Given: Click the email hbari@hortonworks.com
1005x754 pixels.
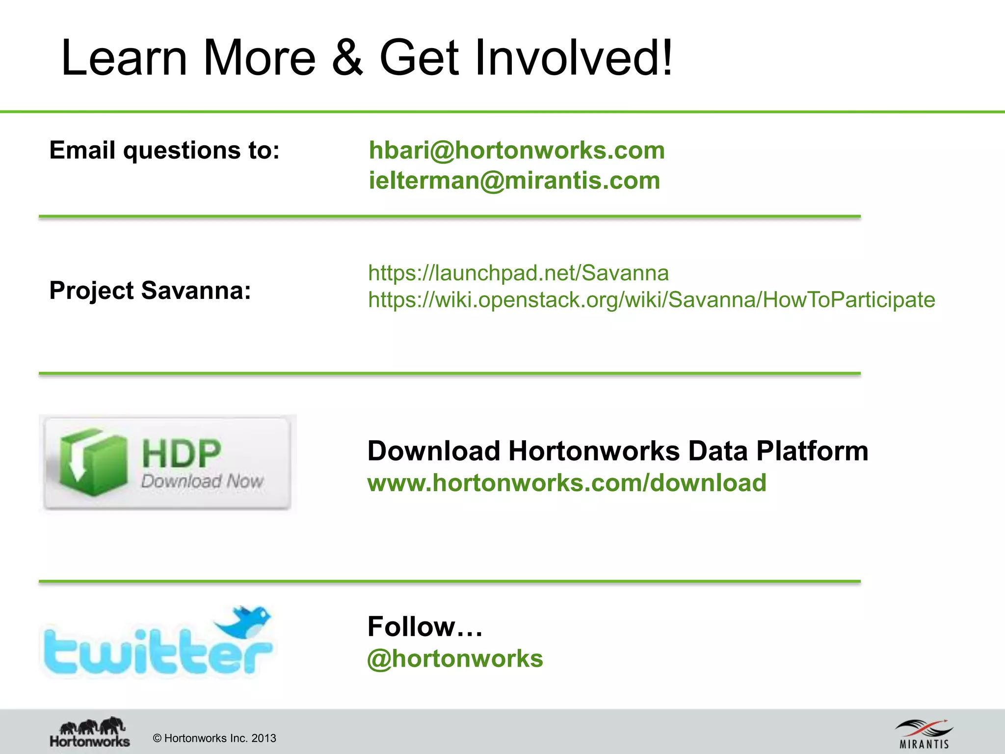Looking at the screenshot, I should click(x=517, y=150).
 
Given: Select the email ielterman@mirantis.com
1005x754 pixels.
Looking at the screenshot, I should click(x=514, y=181).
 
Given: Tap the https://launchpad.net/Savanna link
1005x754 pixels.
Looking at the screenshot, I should click(x=518, y=273).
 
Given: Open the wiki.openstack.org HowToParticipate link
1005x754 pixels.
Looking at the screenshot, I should click(x=651, y=300).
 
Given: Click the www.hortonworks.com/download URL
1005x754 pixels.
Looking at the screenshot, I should click(x=567, y=483).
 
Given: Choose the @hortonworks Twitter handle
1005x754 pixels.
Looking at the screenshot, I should click(x=455, y=659).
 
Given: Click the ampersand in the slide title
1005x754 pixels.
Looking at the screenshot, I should click(x=347, y=58).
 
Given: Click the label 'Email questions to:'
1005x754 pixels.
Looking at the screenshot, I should click(x=164, y=150).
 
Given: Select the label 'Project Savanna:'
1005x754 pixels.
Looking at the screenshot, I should click(x=150, y=291).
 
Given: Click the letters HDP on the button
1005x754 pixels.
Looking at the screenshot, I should click(x=182, y=453).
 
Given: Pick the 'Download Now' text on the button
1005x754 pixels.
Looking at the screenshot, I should click(x=202, y=481).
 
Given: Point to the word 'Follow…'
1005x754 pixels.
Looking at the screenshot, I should click(x=425, y=627).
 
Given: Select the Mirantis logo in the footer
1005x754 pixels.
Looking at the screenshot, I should click(x=924, y=733).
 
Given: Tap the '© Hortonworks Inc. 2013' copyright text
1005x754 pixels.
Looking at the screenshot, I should click(x=214, y=738).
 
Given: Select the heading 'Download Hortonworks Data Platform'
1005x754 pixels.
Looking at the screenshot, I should click(x=618, y=451).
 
